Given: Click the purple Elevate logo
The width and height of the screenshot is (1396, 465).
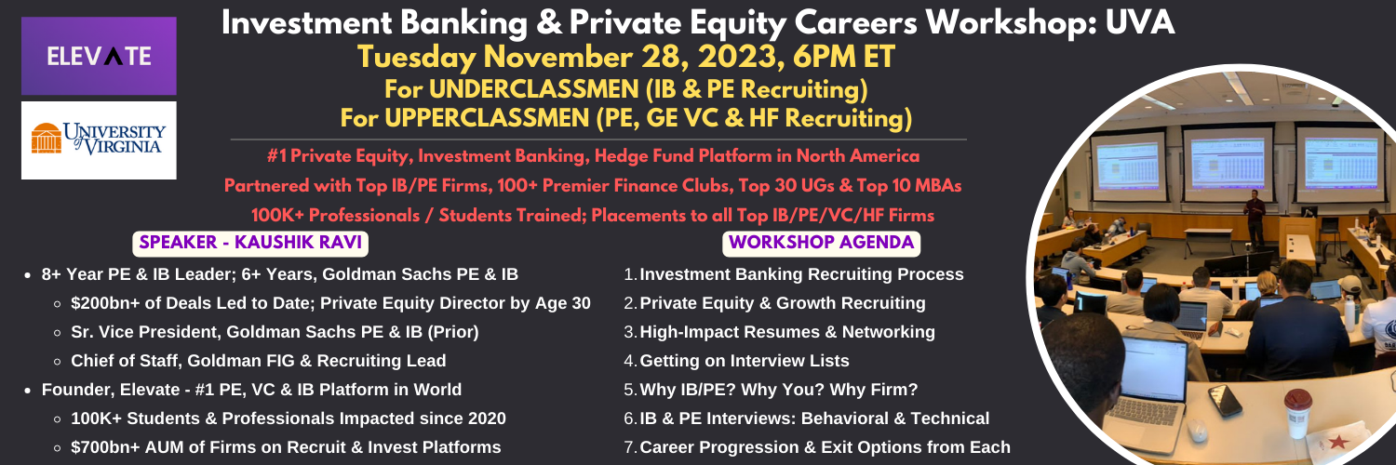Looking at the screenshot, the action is tap(99, 56).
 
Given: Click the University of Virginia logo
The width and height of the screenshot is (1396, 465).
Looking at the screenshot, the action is tap(99, 140).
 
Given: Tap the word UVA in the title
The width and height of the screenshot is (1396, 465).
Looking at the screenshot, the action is tap(1140, 23).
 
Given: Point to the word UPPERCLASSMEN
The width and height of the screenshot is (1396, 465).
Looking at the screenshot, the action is tap(487, 118).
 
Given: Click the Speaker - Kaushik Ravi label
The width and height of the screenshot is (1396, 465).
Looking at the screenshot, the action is tap(250, 243).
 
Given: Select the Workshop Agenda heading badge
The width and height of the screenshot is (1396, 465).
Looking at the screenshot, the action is tap(822, 243).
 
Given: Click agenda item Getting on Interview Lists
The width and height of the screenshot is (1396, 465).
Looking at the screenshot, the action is tap(745, 361).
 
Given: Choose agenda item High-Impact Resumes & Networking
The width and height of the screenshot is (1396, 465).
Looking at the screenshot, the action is tap(787, 332).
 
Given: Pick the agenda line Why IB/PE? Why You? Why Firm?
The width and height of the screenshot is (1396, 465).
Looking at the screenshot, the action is tap(779, 390).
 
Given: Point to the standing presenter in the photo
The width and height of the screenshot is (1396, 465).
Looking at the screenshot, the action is tap(1254, 218).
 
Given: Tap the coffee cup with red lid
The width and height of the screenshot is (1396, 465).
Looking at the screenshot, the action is tap(1297, 413).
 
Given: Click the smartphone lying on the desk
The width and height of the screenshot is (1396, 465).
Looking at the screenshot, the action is tap(1225, 401).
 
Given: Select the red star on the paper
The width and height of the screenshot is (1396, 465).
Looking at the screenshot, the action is tap(1337, 443).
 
